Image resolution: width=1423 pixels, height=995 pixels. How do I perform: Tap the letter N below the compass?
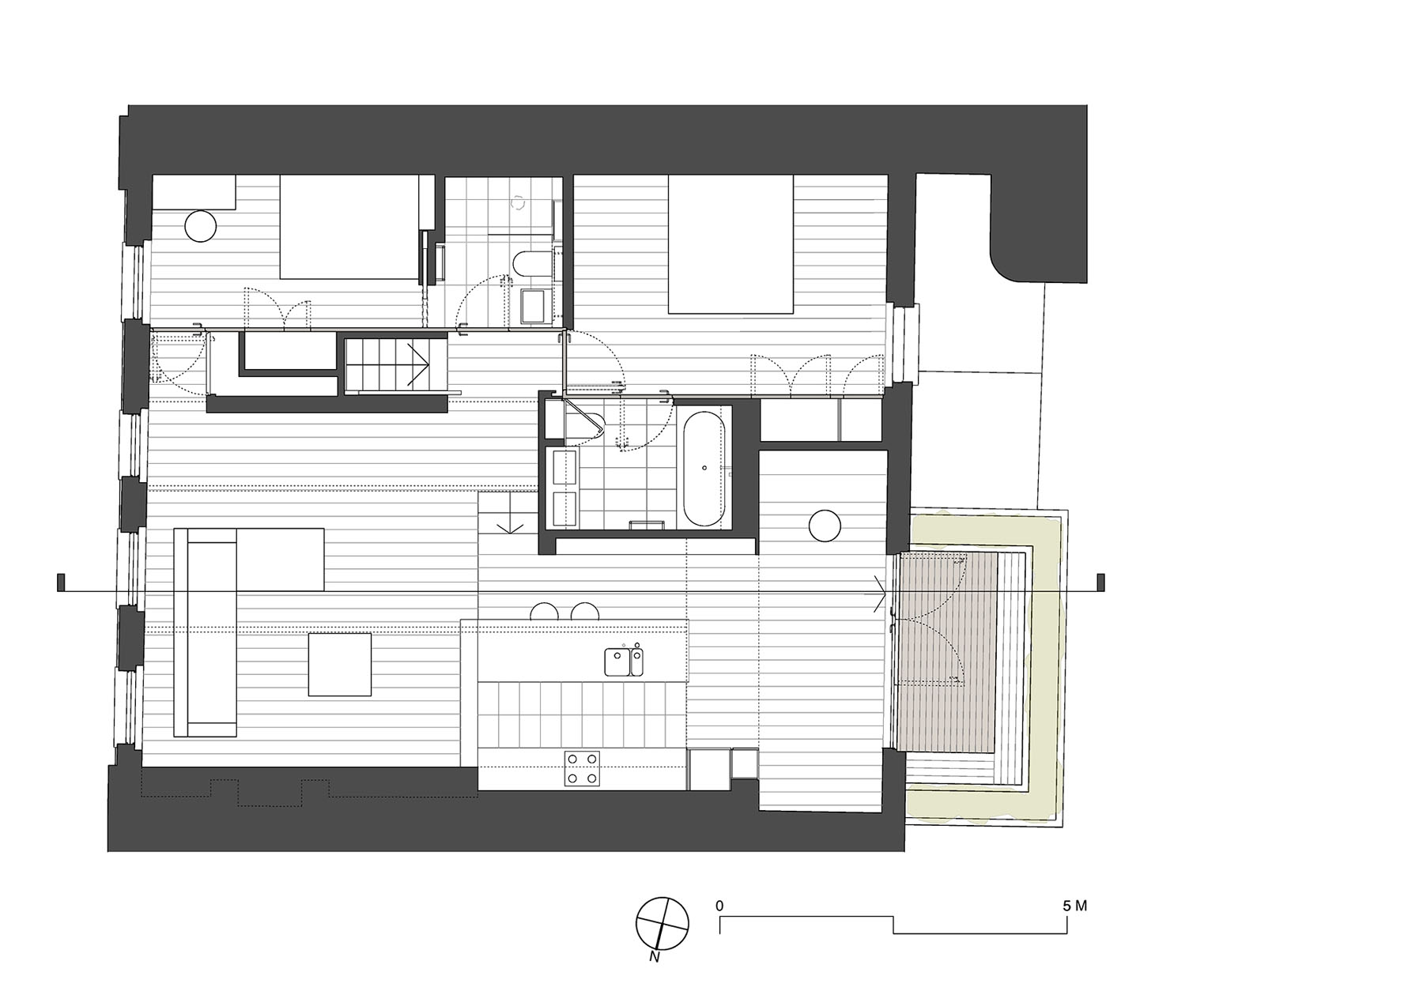click(654, 958)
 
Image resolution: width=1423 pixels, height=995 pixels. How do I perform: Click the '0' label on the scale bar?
click(719, 906)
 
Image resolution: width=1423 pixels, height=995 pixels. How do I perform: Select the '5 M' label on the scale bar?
click(1075, 906)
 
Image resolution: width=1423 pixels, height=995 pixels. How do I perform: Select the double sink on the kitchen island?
click(624, 661)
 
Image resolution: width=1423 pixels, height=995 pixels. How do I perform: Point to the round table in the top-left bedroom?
click(200, 226)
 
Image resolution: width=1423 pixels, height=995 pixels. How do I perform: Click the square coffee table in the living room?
click(340, 664)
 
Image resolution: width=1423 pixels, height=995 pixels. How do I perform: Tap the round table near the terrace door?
click(824, 526)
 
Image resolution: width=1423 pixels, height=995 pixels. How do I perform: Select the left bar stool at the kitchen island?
click(545, 612)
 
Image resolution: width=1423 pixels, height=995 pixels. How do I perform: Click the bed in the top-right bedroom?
click(730, 244)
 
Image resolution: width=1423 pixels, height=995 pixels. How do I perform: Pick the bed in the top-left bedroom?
click(349, 227)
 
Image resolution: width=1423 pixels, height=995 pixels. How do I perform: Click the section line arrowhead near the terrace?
click(878, 591)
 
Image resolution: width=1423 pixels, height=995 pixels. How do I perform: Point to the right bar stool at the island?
click(586, 612)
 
